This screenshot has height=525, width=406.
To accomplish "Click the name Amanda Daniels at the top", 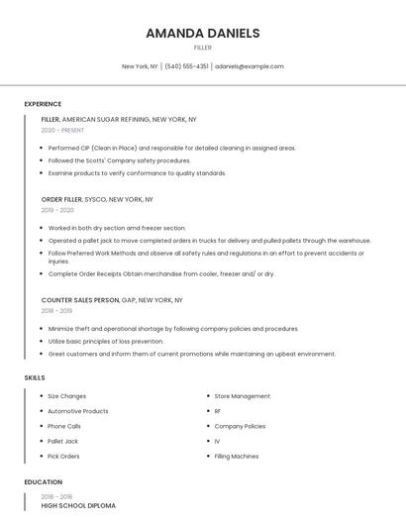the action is tap(202, 33).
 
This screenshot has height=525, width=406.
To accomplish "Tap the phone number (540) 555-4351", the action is tap(186, 66).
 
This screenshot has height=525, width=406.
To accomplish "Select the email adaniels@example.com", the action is tap(249, 66).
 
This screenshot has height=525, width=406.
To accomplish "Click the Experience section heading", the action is tap(43, 104).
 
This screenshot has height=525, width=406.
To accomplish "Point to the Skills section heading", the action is tap(34, 377).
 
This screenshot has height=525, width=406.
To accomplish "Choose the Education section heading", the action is tap(43, 482).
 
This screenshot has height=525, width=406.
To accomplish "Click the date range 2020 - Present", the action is tap(62, 130).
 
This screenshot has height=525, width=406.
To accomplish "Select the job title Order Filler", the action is tap(61, 199).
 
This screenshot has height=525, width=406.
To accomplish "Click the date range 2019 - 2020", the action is tap(57, 210).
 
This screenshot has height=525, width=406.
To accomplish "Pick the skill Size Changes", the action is tap(66, 396).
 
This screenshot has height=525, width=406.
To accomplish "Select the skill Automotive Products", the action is tap(78, 411).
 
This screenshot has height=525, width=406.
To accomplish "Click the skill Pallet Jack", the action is tap(62, 441).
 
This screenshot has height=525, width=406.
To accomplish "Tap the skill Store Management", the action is tap(242, 396).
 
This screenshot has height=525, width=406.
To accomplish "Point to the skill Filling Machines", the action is tap(237, 457).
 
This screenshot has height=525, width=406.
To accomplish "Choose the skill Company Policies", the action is tap(240, 426).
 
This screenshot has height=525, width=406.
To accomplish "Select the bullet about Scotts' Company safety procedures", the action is tap(119, 160).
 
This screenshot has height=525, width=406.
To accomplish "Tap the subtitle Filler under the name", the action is tap(202, 48).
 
